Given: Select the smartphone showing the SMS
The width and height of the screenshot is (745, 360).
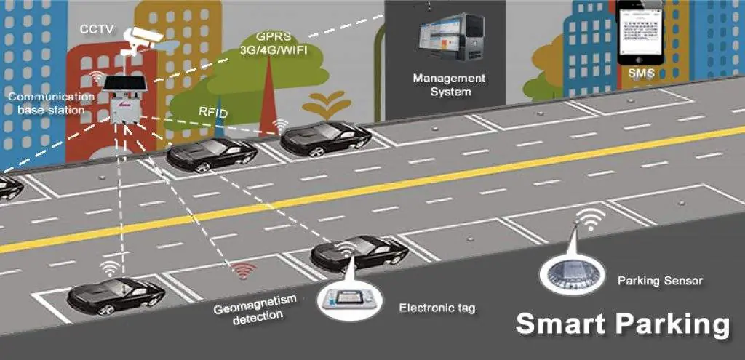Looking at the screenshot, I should coord(640,33).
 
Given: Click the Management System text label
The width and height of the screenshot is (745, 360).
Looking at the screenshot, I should coord(449,84).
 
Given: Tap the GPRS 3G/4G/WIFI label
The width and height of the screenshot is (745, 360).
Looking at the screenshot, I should coord(274,44).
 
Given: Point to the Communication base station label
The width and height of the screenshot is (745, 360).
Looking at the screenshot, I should coord(51,103).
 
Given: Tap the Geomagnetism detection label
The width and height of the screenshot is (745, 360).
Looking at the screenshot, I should coord(248,312).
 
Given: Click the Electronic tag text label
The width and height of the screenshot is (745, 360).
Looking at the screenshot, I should coord(437,308).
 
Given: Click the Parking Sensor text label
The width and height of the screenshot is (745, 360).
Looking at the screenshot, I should coord(660,280).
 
